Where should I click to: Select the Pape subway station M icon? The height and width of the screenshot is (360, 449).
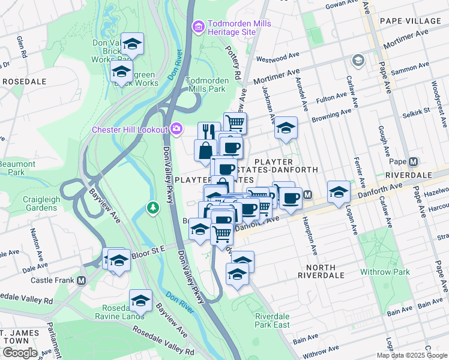point(413,162)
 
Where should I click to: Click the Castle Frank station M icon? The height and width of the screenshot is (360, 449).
point(81,281)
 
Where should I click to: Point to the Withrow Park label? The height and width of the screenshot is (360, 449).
point(385,272)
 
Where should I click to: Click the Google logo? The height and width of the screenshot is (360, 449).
point(19,353)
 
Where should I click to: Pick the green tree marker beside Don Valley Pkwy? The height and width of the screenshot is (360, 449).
point(153,208)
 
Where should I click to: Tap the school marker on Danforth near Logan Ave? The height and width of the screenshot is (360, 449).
point(339,192)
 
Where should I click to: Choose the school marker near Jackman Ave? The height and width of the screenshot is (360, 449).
point(286,128)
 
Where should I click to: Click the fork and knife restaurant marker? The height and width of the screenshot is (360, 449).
point(209,131)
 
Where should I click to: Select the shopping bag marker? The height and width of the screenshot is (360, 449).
point(205,150)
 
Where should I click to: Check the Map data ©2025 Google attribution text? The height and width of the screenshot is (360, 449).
point(412,355)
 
